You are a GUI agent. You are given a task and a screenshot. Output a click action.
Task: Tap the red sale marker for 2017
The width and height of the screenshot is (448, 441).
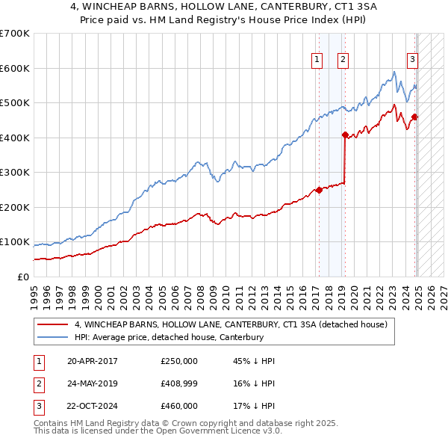tap(319, 190)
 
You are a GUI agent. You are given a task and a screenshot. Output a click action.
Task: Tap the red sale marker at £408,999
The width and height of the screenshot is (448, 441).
tap(345, 135)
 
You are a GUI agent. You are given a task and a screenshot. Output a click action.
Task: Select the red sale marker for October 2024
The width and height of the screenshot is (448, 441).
tap(414, 117)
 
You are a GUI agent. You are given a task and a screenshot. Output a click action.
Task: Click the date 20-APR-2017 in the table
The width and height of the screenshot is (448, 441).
tap(93, 361)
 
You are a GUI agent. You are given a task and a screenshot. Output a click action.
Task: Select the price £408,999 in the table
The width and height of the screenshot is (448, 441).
tap(179, 383)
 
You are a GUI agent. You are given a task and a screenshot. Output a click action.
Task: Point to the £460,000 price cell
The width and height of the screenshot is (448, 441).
tap(179, 406)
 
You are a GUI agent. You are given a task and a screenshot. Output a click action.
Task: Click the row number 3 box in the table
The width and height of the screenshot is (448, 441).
tap(37, 406)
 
